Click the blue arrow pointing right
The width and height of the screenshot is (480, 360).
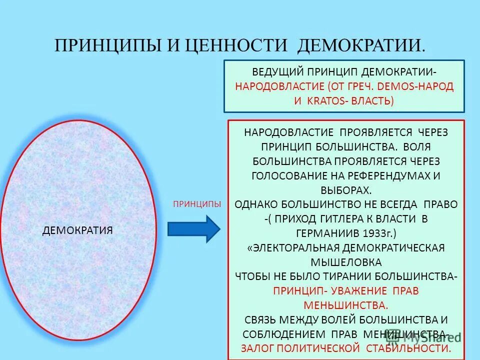193,229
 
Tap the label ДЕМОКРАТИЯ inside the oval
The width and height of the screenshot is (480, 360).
77,230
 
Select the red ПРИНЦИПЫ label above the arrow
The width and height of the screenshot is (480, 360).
196,204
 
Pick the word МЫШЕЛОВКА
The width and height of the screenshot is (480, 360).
345,262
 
